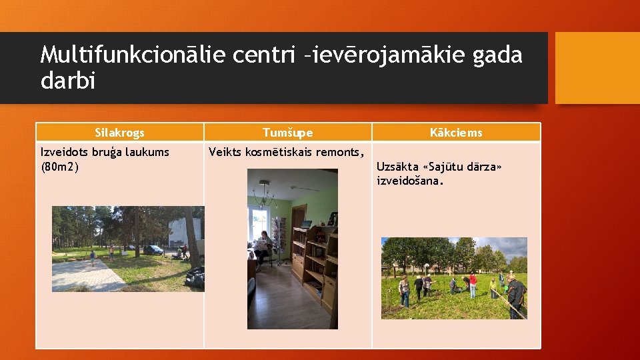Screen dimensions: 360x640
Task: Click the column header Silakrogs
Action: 119,133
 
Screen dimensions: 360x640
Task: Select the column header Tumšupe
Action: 287,133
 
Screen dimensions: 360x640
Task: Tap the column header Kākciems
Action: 456,133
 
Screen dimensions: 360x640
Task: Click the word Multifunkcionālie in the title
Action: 133,55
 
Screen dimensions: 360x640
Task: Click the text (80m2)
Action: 60,166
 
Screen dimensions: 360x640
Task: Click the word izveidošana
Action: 410,181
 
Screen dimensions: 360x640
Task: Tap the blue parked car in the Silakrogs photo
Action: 153,250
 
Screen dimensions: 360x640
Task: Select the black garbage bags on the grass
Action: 194,277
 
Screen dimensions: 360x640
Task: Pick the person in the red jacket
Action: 473,285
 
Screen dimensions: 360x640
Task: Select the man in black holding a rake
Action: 515,296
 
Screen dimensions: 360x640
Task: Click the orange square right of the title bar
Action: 597,68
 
